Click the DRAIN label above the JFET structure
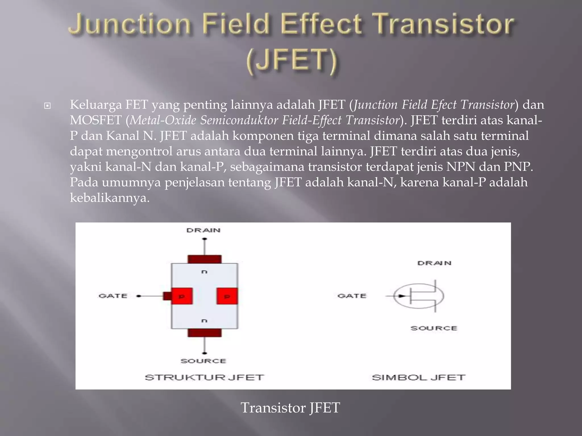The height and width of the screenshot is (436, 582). tap(203, 230)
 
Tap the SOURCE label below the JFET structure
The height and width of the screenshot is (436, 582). tap(203, 361)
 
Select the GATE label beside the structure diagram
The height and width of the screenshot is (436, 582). tap(113, 296)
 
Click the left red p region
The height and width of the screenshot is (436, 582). tap(182, 296)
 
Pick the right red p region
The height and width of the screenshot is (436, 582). tap(227, 296)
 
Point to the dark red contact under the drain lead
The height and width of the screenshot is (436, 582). tap(204, 259)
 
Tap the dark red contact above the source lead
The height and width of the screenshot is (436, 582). tap(204, 333)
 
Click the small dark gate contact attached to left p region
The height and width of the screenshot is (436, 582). tap(167, 296)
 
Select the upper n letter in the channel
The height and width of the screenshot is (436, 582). tap(204, 272)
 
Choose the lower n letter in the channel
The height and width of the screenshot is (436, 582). tap(204, 321)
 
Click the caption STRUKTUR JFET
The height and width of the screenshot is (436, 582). tap(204, 378)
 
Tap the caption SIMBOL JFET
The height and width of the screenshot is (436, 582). tap(418, 378)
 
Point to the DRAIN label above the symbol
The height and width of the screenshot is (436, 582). tap(434, 263)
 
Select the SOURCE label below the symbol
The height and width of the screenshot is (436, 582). tap(434, 328)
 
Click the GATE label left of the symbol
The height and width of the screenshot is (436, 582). tap(352, 296)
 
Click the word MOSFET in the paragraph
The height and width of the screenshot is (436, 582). tap(96, 120)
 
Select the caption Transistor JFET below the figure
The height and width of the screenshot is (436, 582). tap(290, 408)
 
